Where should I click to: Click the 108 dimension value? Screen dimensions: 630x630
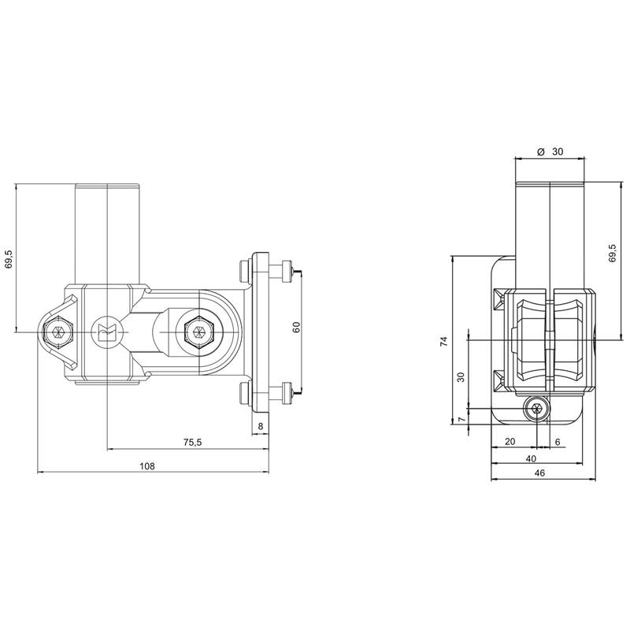coord(147,466)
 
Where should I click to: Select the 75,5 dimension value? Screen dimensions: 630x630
coord(192,443)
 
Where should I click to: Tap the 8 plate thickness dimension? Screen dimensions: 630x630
coord(261,426)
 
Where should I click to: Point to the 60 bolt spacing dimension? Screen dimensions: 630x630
coord(297,327)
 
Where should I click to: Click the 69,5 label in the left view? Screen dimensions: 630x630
coord(10,259)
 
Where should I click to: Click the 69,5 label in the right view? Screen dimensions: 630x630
coord(613,253)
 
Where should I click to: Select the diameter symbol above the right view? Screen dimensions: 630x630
coord(540,152)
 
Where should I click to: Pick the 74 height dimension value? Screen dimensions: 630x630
coord(443,342)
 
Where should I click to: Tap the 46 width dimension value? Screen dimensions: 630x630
coord(540,473)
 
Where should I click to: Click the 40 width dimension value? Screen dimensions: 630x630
coord(531,458)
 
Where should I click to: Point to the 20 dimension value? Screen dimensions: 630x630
coord(510,442)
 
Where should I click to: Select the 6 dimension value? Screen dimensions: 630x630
coord(558,442)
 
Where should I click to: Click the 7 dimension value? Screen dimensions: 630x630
coord(461,419)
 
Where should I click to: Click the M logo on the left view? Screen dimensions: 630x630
coord(105,332)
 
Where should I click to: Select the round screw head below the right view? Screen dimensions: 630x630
coord(535,409)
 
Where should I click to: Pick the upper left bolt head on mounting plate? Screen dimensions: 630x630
coord(243,271)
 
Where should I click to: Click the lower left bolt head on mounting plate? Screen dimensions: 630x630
coord(243,394)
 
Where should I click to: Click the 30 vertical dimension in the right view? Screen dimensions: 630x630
coord(461,377)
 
